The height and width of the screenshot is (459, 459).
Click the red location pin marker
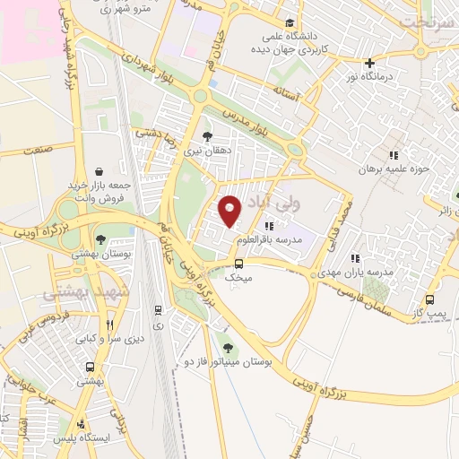[230, 211]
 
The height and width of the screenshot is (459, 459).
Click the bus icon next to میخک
[238, 264]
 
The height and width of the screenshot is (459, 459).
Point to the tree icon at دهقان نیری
[208, 136]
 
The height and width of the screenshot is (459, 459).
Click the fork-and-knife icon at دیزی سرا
[110, 324]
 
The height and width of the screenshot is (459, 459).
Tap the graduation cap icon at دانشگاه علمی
[289, 23]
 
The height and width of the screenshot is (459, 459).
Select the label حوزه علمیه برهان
[389, 168]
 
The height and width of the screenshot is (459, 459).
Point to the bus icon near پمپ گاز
[430, 300]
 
